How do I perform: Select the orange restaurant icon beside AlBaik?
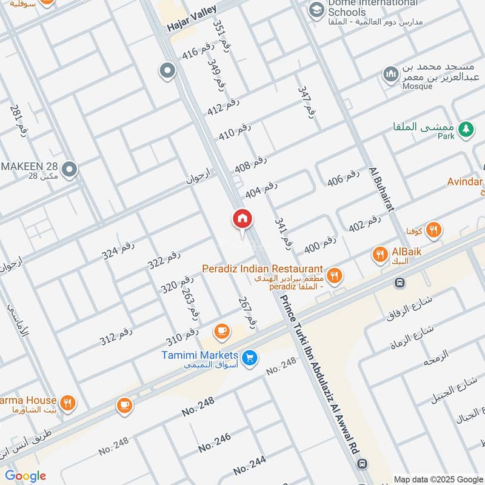tap(380, 255)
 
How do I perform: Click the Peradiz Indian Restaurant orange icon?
tap(334, 276)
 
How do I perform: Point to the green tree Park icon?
tap(466, 129)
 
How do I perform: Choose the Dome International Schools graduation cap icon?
tap(315, 10)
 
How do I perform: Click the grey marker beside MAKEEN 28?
tap(70, 170)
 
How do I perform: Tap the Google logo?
tap(25, 476)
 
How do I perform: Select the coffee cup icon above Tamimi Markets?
tap(221, 331)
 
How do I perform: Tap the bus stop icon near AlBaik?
tap(399, 283)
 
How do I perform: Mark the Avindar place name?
tap(465, 182)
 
